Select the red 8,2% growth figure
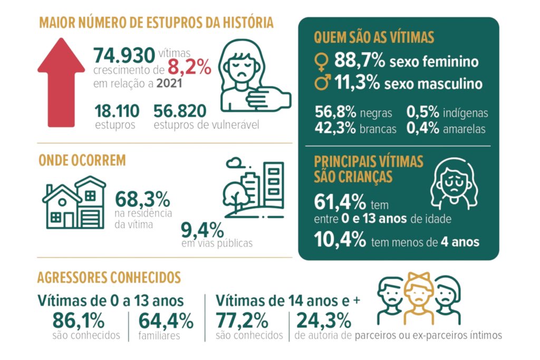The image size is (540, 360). coord(190,67)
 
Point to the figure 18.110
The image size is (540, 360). coord(117,111)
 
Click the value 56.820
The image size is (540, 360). coord(180,111)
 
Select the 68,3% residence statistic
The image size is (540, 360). coord(142,200)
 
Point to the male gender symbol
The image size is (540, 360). coord(320,83)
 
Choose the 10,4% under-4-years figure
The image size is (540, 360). coord(340,241)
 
